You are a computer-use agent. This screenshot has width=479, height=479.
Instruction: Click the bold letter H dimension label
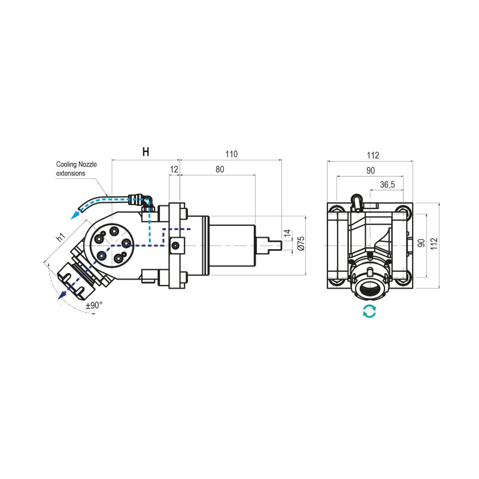point(145,153)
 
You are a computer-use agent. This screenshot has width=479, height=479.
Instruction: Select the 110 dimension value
point(231,154)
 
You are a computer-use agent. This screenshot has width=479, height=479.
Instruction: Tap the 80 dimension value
point(219,169)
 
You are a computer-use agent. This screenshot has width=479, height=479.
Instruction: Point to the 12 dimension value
point(174,169)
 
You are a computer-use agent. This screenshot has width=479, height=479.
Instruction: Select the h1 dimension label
point(60,237)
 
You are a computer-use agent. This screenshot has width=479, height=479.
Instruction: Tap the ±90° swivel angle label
point(94,305)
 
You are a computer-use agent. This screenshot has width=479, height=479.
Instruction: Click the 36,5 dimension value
point(387,185)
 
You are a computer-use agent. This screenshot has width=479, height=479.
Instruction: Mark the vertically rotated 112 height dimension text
point(442,242)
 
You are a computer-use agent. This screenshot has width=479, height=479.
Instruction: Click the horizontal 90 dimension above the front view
point(372,170)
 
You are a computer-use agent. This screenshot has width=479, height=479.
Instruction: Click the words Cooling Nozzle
point(76,164)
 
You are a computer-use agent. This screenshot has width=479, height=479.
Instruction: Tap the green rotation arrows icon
point(370,311)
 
